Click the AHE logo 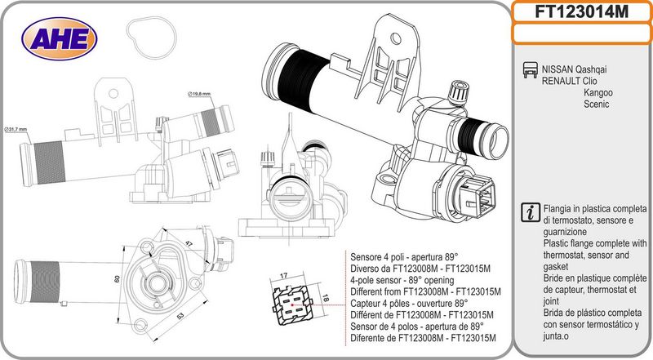pos(59,38)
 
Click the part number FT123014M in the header pos(581,11)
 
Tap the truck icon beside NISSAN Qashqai pos(530,69)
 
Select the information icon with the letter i pos(531,212)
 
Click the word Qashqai pos(590,69)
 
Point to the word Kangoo pos(598,92)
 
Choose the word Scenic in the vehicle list pos(597,104)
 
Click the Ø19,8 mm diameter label pos(199,94)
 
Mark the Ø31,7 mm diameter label pos(16,129)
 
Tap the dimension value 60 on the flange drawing pos(117,278)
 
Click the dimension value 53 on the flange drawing pos(180,316)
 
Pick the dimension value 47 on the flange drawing pos(189,243)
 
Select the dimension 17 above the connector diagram pos(283,275)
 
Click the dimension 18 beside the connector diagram pos(326,297)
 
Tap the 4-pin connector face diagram pos(292,306)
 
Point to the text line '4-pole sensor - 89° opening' pos(402,280)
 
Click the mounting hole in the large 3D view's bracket pos(396,38)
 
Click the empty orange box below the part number pos(581,33)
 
